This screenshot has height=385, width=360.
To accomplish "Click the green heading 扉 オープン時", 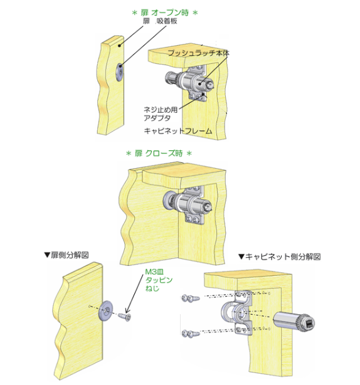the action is (165, 13).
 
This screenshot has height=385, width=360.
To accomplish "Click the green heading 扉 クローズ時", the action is (159, 154).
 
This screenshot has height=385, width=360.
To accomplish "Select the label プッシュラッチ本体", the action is (198, 53).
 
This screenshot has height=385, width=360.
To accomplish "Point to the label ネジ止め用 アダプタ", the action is (160, 113).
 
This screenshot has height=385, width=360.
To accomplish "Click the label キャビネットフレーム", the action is (177, 130).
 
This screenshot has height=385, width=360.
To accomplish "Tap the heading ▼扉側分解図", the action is (66, 255).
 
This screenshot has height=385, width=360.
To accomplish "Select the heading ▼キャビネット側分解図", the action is (280, 256).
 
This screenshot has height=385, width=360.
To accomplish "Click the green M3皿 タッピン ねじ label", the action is (159, 280).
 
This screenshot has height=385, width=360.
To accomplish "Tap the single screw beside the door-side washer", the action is (125, 317).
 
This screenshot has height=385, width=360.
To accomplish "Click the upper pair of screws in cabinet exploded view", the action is (190, 298).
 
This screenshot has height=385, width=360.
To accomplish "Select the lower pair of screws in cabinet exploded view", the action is (190, 333).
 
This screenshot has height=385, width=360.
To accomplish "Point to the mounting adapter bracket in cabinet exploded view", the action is (237, 312).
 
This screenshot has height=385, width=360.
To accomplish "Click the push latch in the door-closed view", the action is (187, 203).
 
